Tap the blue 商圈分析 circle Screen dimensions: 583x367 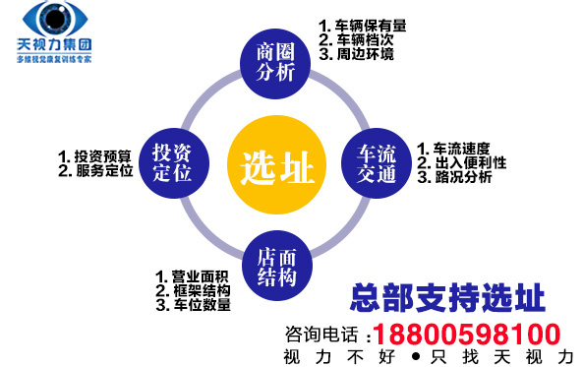[276, 62]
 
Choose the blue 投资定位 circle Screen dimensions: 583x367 [178, 163]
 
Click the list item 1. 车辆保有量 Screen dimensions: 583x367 [363, 26]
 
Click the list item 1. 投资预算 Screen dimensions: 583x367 [94, 155]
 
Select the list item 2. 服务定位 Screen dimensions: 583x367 [94, 170]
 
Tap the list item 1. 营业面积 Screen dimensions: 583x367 [193, 276]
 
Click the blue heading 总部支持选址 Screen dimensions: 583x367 [448, 296]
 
